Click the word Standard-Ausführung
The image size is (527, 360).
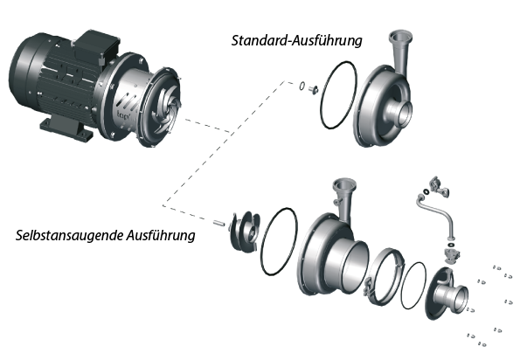click(296, 40)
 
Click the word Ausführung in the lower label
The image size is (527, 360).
click(161, 236)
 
